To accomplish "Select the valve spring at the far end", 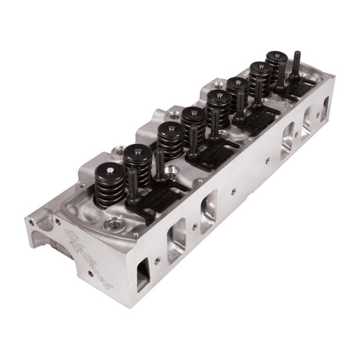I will tap(277, 67).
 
